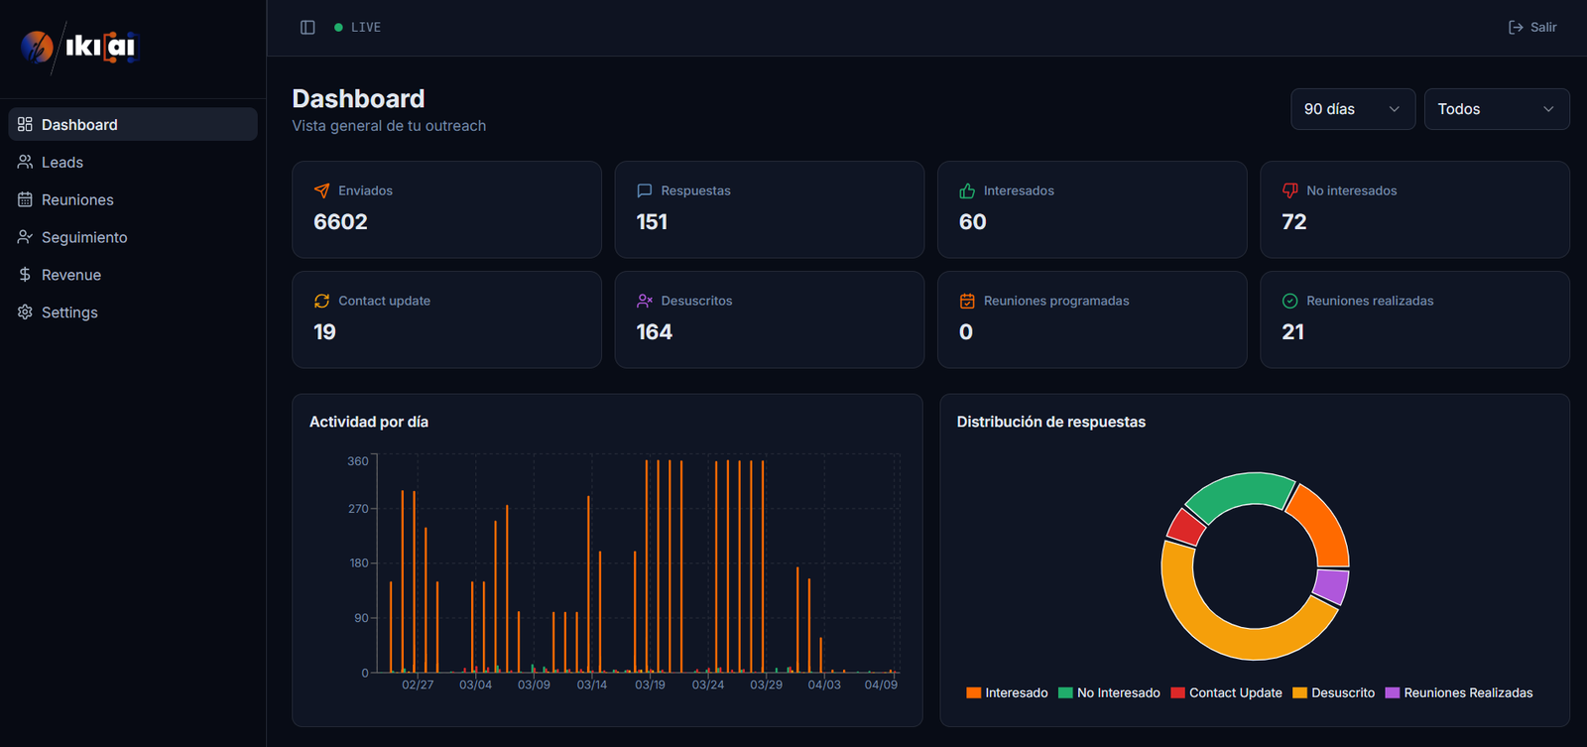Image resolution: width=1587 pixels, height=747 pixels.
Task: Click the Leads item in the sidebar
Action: pos(61,162)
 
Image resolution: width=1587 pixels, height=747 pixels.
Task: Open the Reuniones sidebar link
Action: pos(77,199)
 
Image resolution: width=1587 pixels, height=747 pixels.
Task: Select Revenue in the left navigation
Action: pos(70,275)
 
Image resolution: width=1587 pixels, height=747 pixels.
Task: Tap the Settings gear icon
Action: pos(25,311)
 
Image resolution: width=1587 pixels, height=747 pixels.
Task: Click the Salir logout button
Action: pos(1532,27)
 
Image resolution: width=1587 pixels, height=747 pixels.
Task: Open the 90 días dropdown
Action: pos(1352,109)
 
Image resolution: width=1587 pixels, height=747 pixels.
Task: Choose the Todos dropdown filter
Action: pos(1496,109)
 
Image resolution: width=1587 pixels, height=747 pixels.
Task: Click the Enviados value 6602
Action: pos(340,222)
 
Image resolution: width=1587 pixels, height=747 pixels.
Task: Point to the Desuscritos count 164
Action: pos(654,332)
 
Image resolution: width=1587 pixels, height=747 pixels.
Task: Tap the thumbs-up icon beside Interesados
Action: pos(967,190)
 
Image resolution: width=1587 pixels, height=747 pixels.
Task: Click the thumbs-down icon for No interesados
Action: pos(1289,190)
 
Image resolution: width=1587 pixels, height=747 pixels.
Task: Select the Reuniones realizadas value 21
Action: pos(1292,332)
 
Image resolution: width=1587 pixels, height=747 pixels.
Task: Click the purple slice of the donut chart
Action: pos(1331,585)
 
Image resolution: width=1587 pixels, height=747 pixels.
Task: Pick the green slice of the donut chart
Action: pos(1240,493)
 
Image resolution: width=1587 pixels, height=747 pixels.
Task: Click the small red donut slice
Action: pos(1185,527)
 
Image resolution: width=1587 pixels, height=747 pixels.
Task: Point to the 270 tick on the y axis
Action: pos(357,509)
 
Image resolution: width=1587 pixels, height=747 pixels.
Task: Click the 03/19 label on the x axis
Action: pos(650,685)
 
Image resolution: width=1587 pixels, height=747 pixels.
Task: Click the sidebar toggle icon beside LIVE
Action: pos(307,27)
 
